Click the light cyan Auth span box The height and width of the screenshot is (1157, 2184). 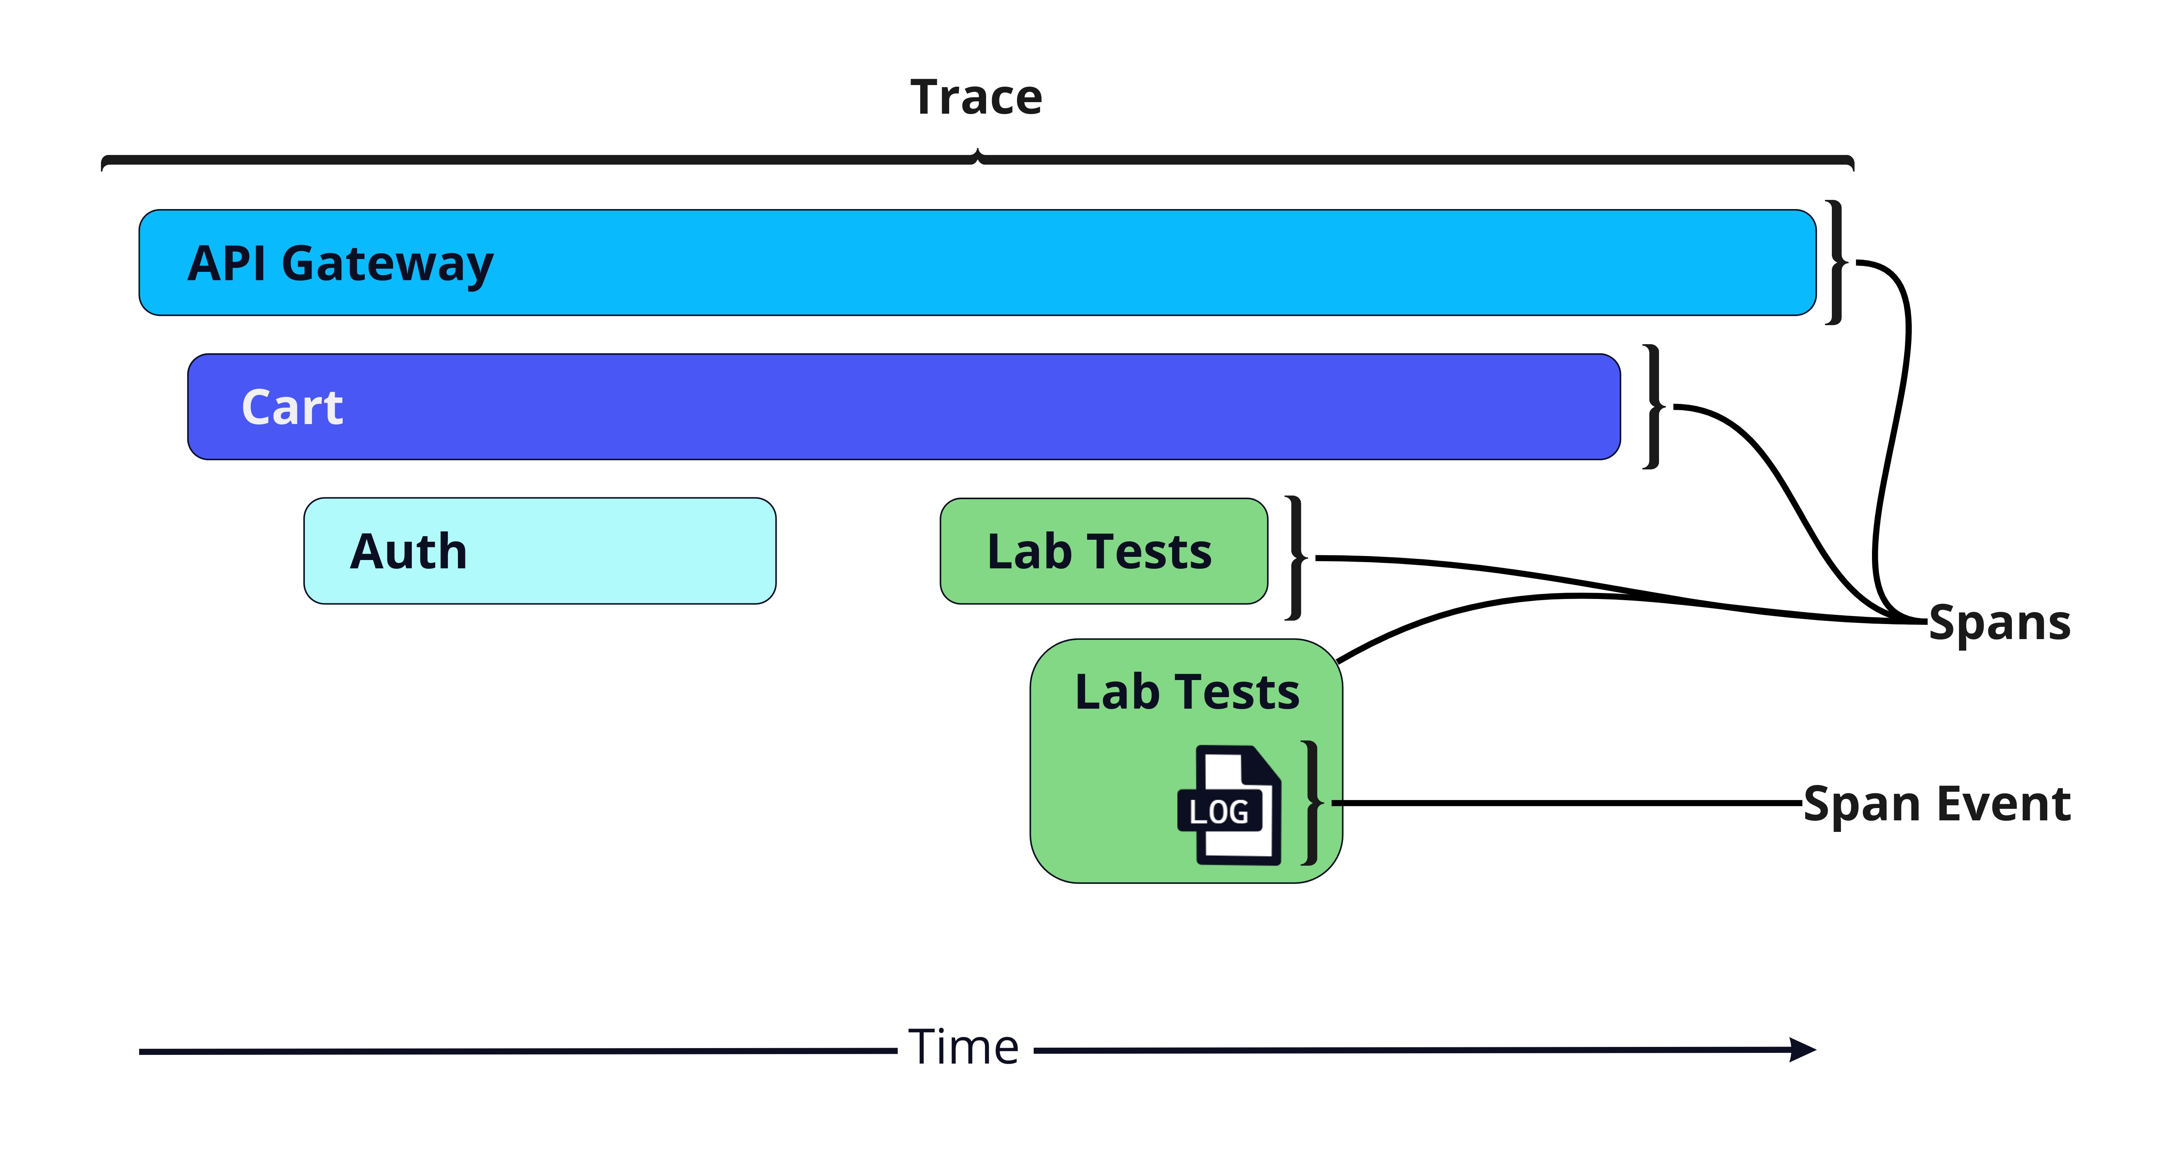pyautogui.click(x=540, y=551)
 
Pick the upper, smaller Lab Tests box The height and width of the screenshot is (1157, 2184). pyautogui.click(x=1104, y=551)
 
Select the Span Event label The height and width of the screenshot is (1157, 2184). pyautogui.click(x=1936, y=804)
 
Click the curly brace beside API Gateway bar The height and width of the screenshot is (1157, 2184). pyautogui.click(x=1837, y=263)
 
